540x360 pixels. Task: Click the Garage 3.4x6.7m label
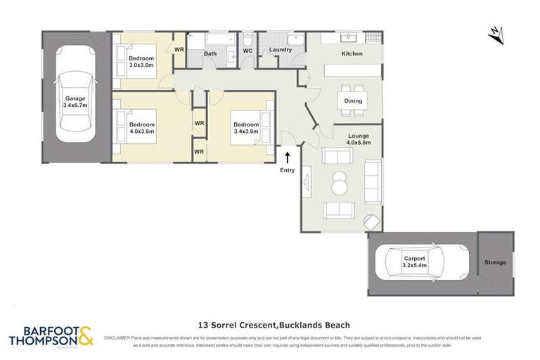tap(75, 102)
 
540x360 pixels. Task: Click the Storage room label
tap(494, 262)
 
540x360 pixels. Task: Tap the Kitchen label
tap(352, 54)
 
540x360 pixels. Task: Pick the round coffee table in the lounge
tap(340, 183)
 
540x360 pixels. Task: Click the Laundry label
tap(280, 51)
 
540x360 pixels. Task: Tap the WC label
tap(247, 51)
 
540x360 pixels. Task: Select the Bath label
tap(210, 53)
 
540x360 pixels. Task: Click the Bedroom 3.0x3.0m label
tap(143, 62)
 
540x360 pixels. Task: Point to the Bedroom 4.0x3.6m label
tap(142, 127)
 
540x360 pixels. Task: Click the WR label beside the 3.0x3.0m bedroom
tap(179, 50)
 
